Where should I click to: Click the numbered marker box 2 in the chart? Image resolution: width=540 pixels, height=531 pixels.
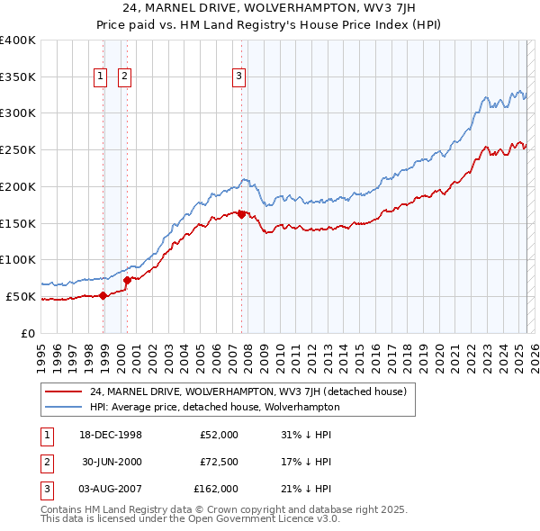pyautogui.click(x=123, y=76)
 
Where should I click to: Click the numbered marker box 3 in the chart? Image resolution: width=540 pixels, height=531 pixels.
pyautogui.click(x=239, y=76)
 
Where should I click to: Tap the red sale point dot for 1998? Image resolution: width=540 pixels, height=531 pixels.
pyautogui.click(x=103, y=294)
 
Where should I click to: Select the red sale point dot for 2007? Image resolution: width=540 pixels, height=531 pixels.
pyautogui.click(x=241, y=214)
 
